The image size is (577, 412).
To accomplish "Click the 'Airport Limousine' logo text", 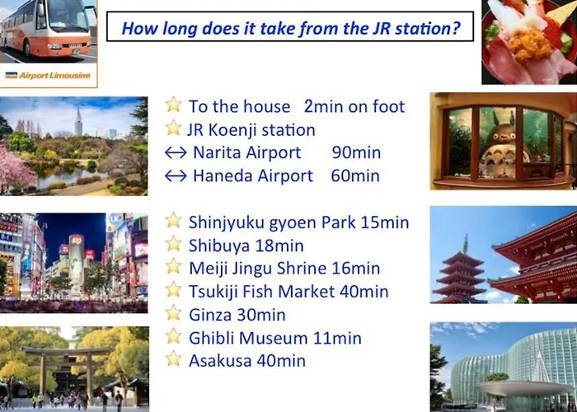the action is [54, 76].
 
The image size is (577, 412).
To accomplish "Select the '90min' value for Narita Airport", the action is [356, 152].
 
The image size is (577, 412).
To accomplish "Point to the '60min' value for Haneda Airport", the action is [355, 176].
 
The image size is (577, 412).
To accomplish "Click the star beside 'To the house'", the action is [173, 105].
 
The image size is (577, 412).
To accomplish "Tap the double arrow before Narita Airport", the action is [176, 152].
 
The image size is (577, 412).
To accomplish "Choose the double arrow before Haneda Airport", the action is [176, 176].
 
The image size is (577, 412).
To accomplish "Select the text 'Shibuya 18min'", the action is [246, 246].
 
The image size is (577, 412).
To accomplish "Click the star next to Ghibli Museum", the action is [173, 336].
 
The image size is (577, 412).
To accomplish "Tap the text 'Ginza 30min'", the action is [237, 315].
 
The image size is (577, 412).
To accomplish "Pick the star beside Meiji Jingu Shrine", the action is [173, 267].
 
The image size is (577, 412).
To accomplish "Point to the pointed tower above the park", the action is [78, 120].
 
